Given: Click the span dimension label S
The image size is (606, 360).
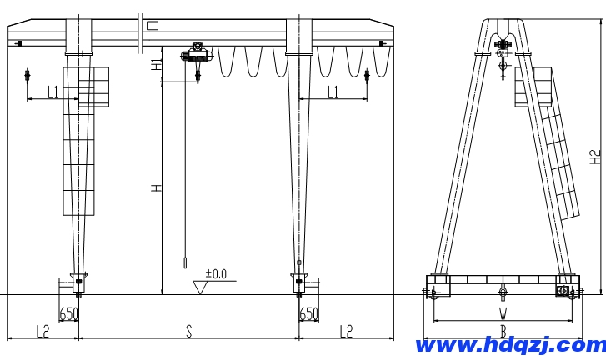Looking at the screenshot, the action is point(188,331).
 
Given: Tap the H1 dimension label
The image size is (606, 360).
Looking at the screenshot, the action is point(156,65).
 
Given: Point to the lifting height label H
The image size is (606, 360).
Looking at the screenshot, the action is point(156,188).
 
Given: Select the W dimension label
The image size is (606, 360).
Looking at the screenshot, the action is point(503,313).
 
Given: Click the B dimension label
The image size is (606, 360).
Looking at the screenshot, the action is point(503,331).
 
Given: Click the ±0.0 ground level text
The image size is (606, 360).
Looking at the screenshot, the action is point(216,274).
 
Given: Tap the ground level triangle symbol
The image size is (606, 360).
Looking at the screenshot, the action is point(200,287).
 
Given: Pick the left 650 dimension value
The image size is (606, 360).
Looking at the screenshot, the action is point(69,313).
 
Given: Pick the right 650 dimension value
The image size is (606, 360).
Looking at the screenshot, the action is point(308,313).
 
